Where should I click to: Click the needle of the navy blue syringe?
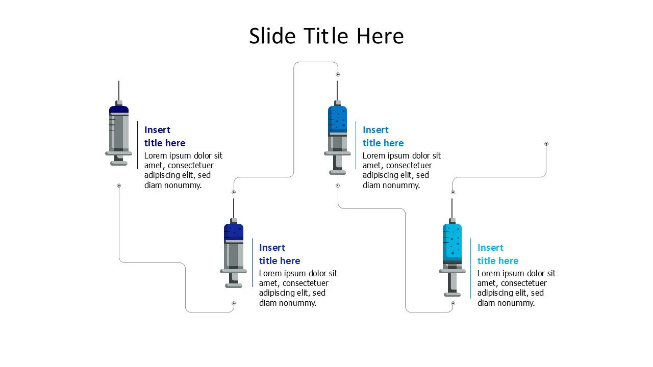tap(119, 91)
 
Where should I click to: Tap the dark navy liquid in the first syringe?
tap(119, 110)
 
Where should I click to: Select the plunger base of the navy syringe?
tap(119, 163)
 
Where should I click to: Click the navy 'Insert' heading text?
tap(157, 130)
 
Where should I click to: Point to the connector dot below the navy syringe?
tap(119, 186)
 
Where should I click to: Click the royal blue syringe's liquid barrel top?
tap(234, 232)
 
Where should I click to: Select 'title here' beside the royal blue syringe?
tap(280, 261)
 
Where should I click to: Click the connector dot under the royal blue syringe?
tap(234, 303)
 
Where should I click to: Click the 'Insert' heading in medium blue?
tap(375, 130)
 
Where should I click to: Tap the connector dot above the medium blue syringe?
tap(338, 74)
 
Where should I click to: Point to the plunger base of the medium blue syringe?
tap(337, 172)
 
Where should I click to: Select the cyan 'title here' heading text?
tap(498, 261)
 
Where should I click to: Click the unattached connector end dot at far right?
tap(546, 144)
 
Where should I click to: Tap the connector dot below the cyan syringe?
tap(453, 303)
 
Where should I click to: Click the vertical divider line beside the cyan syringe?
tap(470, 268)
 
